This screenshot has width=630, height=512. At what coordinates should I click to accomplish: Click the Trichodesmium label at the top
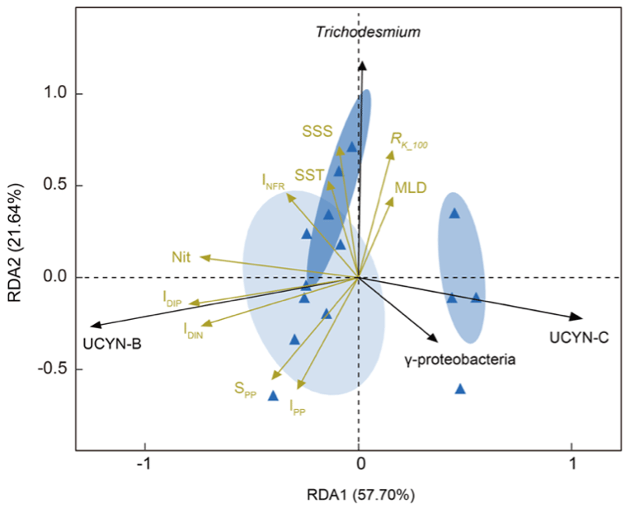(x=369, y=32)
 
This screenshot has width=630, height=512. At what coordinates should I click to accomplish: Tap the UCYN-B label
(x=112, y=344)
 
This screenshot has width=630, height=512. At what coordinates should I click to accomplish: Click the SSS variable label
(x=317, y=130)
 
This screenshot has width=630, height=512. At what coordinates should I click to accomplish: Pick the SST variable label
(x=309, y=175)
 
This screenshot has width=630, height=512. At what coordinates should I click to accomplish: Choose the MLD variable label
(x=411, y=187)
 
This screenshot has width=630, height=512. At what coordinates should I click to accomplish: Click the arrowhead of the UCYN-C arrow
(x=580, y=318)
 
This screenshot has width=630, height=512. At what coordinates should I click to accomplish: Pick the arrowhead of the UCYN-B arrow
(x=94, y=326)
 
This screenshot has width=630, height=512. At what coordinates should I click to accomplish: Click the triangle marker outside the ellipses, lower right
(x=460, y=388)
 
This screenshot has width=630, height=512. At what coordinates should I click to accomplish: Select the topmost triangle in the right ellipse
(x=454, y=214)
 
